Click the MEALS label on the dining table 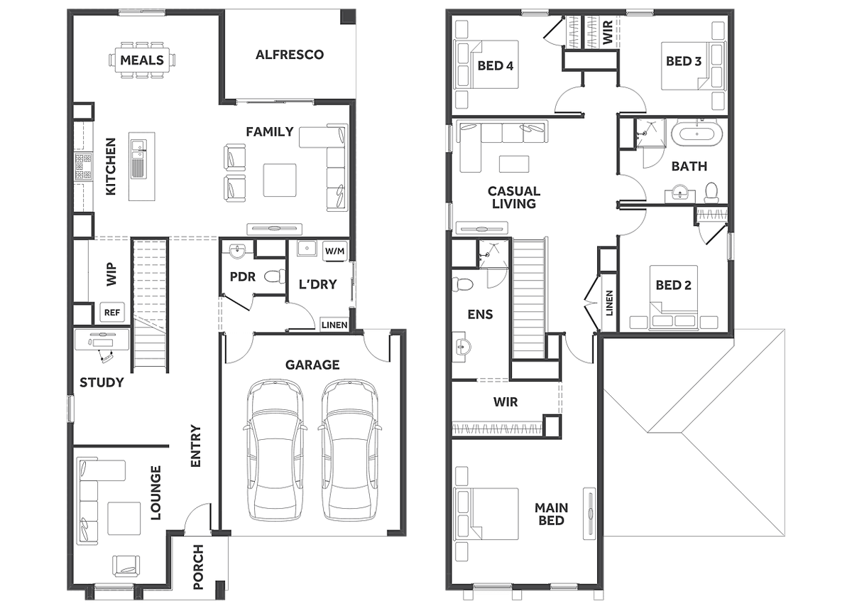(x=142, y=60)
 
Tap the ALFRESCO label (x=290, y=55)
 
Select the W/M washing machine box (x=334, y=251)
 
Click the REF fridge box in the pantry (x=112, y=313)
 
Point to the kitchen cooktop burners (x=83, y=166)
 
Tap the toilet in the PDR (x=275, y=276)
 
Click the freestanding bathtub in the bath (x=697, y=134)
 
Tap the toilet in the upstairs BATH (x=711, y=193)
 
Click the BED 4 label (x=496, y=66)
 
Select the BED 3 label (x=684, y=61)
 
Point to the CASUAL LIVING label (x=514, y=197)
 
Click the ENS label (x=480, y=314)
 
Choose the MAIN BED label (x=551, y=514)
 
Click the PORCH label (x=198, y=567)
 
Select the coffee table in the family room (x=280, y=180)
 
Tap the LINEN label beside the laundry (x=334, y=325)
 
